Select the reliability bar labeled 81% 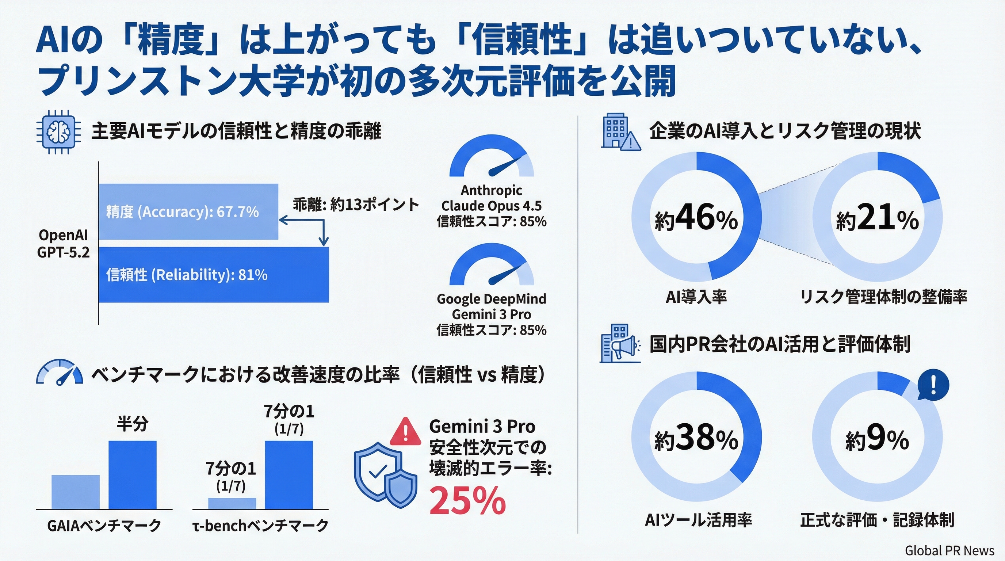pos(213,275)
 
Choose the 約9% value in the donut pos(878,439)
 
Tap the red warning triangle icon pos(405,432)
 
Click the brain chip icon pos(58,132)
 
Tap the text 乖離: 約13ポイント pos(356,205)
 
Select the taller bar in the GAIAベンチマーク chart pos(132,475)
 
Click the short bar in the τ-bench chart pos(232,503)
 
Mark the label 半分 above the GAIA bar pos(132,424)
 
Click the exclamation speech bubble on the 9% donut pos(933,385)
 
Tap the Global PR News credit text pos(949,550)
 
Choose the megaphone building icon pos(619,343)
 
